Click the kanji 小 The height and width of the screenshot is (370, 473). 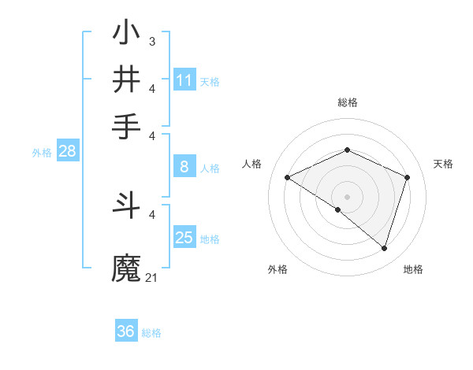127,35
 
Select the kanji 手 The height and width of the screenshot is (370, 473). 127,126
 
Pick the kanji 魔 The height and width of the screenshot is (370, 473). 127,268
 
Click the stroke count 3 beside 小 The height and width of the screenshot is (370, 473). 151,41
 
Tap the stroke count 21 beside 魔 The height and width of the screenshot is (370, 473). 151,277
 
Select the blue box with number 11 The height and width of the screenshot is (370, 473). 184,80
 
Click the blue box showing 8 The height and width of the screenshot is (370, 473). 184,167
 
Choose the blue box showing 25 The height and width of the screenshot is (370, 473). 184,238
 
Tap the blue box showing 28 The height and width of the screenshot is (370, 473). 67,152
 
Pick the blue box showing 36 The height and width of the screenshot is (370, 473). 125,331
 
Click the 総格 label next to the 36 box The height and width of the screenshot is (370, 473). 151,333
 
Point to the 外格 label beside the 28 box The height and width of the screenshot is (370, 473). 42,153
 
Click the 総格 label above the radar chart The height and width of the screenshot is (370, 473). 348,102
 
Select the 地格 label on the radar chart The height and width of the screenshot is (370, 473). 413,269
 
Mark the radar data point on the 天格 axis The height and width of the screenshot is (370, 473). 408,177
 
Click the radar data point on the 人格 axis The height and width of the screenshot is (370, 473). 288,177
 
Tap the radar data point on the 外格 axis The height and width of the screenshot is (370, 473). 338,209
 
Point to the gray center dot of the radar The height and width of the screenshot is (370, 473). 348,196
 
